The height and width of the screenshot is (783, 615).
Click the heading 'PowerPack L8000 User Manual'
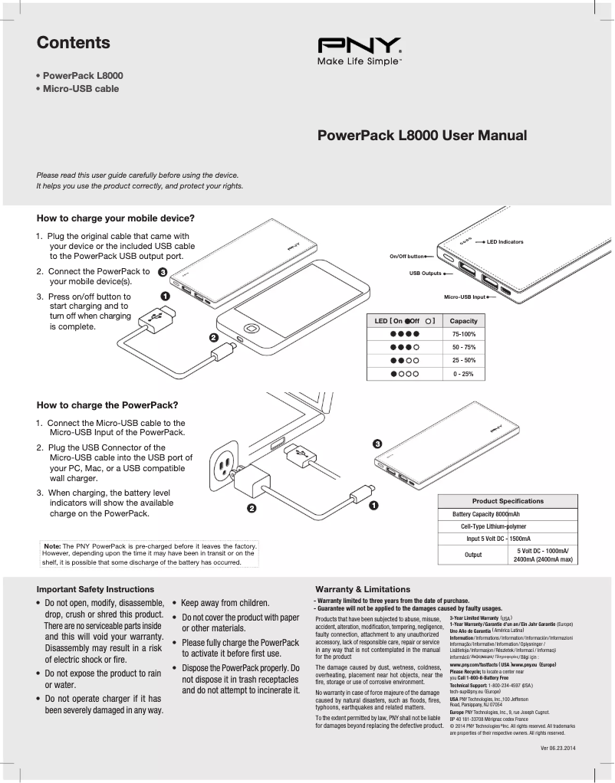(x=422, y=136)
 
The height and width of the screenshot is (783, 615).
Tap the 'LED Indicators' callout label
(x=505, y=242)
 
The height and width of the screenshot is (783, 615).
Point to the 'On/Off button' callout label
(x=406, y=256)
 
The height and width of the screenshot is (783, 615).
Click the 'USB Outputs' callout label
(x=425, y=273)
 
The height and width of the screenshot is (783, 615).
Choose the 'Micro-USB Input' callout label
(x=465, y=296)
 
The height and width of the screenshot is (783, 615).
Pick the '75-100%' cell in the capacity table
(x=463, y=334)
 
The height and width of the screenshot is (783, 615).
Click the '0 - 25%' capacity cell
(x=463, y=374)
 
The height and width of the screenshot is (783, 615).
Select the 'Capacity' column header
(x=463, y=320)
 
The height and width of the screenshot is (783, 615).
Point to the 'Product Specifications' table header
(x=508, y=501)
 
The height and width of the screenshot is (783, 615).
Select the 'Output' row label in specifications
(x=473, y=555)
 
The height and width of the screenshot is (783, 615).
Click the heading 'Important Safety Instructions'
(x=95, y=589)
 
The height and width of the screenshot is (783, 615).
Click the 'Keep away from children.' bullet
(x=225, y=603)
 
